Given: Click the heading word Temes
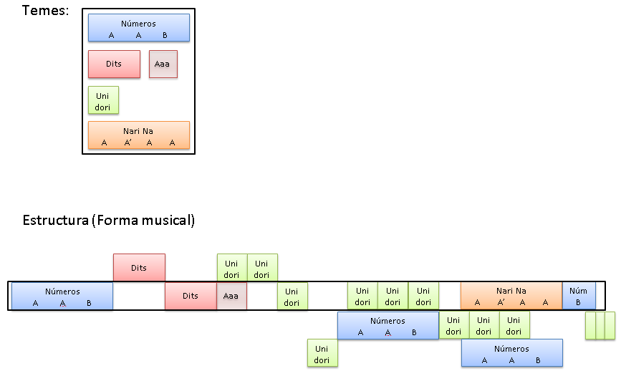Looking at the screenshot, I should pyautogui.click(x=44, y=11).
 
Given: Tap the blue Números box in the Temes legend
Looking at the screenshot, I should pyautogui.click(x=138, y=28).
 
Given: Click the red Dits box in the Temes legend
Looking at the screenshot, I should pyautogui.click(x=114, y=64).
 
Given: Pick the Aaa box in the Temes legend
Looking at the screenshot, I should pyautogui.click(x=163, y=64).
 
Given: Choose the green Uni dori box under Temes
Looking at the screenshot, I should pyautogui.click(x=103, y=100).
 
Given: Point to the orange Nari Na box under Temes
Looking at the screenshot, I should pyautogui.click(x=138, y=135).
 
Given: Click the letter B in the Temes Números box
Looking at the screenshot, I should pyautogui.click(x=165, y=35).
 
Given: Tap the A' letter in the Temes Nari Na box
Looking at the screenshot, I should pyautogui.click(x=128, y=143).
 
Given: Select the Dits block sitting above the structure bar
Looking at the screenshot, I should pyautogui.click(x=139, y=268).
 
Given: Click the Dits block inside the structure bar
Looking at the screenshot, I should pyautogui.click(x=191, y=296).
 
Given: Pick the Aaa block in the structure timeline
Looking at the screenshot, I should pyautogui.click(x=231, y=296).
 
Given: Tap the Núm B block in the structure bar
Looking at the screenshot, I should pyautogui.click(x=579, y=296).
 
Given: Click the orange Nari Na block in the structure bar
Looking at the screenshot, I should pyautogui.click(x=511, y=296).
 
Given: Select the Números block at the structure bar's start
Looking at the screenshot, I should pyautogui.click(x=62, y=296).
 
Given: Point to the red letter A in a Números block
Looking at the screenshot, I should pyautogui.click(x=387, y=332).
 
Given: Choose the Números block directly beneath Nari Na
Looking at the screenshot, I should pyautogui.click(x=511, y=352).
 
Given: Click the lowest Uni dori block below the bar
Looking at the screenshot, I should pyautogui.click(x=322, y=352).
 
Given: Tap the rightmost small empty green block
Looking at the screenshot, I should pyautogui.click(x=610, y=325).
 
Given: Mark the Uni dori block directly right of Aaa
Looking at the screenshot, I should pyautogui.click(x=292, y=297).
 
